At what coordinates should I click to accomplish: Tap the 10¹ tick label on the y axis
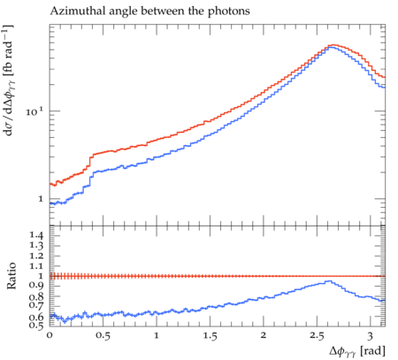point(34,111)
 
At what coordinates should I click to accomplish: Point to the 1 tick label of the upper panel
point(41,199)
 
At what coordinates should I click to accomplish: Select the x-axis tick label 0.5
point(103,336)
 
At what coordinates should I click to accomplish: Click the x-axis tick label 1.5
point(210,336)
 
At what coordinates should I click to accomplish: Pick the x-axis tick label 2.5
point(317,336)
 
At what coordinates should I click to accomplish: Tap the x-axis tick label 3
point(371,336)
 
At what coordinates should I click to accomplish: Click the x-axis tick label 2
point(264,335)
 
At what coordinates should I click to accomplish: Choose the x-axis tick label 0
point(50,335)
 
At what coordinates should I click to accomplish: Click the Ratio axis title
point(11,276)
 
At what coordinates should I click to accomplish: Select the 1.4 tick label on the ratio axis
point(36,235)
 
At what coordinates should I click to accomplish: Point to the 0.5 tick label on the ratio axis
point(36,325)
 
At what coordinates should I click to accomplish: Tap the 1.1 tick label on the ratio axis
point(36,266)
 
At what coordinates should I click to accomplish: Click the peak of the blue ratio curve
point(330,281)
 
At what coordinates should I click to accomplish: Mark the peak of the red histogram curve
point(333,45)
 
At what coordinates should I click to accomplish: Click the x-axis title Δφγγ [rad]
point(357,351)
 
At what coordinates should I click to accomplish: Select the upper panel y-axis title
point(9,80)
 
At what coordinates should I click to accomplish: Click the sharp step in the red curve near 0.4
point(90,163)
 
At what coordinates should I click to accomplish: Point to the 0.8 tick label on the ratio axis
point(36,296)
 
